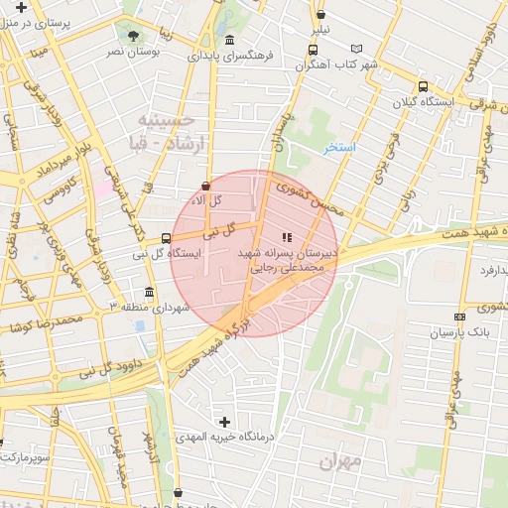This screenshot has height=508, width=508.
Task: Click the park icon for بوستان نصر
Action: [x=133, y=37]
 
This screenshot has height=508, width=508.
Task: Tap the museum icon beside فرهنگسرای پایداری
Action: [x=230, y=40]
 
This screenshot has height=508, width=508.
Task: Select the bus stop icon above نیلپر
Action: [x=319, y=14]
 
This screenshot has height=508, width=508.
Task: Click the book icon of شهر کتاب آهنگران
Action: [x=357, y=48]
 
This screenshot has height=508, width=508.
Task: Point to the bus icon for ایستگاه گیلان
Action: [x=424, y=86]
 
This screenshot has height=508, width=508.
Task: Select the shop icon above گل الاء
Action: [x=205, y=186]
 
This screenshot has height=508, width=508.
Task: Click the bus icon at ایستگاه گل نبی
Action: [x=165, y=238]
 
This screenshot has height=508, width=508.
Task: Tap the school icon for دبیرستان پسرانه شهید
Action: [x=288, y=237]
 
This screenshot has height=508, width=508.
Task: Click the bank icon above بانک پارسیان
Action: [x=459, y=317]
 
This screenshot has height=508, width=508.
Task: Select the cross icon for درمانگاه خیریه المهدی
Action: [x=224, y=422]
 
